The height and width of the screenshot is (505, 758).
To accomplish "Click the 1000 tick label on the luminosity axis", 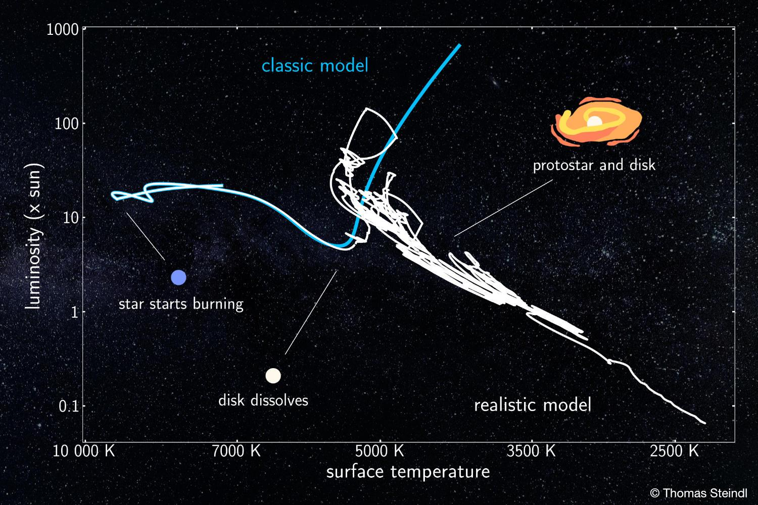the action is point(62,30).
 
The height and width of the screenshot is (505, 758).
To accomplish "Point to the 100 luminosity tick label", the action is point(66,124).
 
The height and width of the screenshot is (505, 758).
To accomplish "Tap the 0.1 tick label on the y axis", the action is point(69,406).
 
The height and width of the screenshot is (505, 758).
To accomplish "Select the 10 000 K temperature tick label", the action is point(83,451).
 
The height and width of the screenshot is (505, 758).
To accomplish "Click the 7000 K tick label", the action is point(236,451).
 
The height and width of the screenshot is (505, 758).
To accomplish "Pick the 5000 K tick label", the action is point(380,451).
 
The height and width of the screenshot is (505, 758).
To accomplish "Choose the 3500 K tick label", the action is point(531,451).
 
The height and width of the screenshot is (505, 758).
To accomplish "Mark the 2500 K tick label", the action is point(674,451).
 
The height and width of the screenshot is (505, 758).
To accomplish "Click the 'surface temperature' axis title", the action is point(408,472).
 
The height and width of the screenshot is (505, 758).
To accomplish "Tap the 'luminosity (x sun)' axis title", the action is point(34,236).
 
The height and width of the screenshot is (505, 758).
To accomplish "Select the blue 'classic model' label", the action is point(315,66).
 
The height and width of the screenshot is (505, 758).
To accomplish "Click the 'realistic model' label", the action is point(533,405).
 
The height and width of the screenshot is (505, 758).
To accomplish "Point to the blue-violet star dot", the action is point(179,277).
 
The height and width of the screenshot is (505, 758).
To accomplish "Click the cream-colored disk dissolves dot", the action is point(273,375).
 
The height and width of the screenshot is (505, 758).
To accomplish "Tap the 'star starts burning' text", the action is point(181,304).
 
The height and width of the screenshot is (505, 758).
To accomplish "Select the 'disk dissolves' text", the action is point(263,400).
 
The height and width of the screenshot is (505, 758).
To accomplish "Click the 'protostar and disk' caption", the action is point(594,166).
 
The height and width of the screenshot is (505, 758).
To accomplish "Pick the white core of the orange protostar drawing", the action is point(594,121).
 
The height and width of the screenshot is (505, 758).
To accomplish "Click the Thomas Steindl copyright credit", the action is point(698,493).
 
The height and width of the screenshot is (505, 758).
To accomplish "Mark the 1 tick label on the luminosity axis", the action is point(74,312).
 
